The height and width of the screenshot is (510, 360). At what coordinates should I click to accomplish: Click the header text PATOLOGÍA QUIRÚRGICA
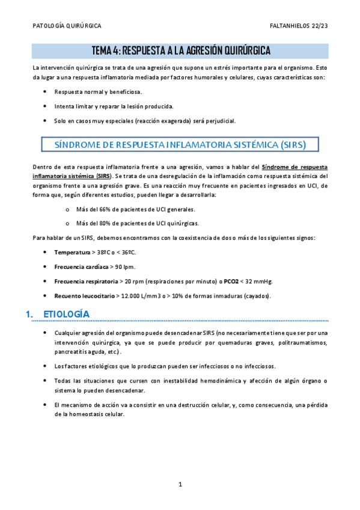click(x=67, y=26)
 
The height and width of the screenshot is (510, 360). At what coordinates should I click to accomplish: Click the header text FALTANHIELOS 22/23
click(x=299, y=26)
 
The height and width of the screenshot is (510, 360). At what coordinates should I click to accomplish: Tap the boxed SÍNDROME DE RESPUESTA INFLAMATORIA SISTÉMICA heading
click(x=180, y=145)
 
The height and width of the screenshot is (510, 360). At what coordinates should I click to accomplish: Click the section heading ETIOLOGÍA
click(x=67, y=315)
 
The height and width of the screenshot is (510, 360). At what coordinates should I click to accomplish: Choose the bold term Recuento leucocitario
click(x=83, y=296)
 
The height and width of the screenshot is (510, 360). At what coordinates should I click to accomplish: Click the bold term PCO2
click(x=233, y=281)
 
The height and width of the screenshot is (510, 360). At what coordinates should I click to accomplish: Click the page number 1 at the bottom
click(x=180, y=484)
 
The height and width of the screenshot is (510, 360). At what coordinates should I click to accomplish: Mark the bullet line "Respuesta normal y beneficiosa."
click(x=98, y=92)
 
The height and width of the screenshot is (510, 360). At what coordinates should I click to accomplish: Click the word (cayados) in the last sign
click(x=256, y=296)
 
